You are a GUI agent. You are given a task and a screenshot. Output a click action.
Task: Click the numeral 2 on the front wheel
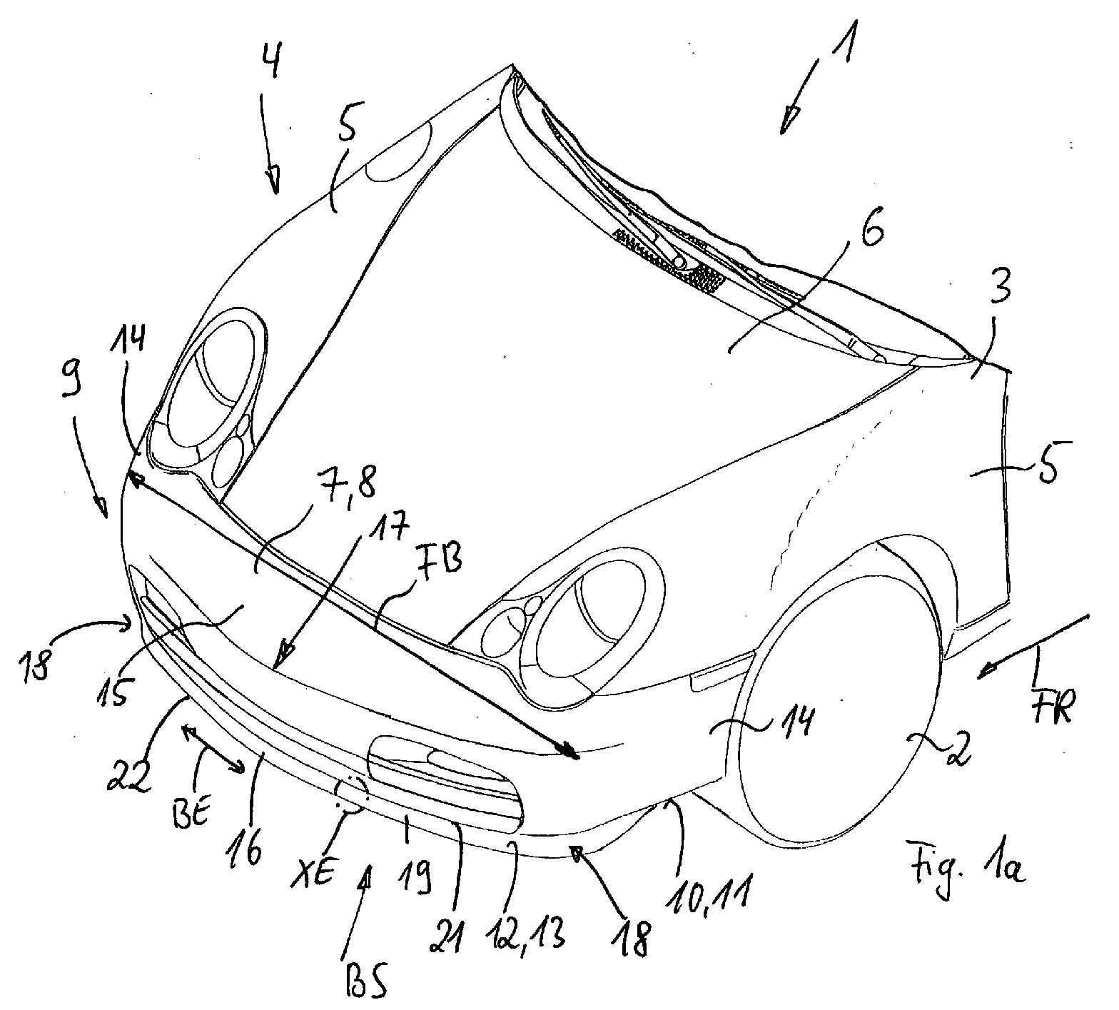click(x=956, y=752)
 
